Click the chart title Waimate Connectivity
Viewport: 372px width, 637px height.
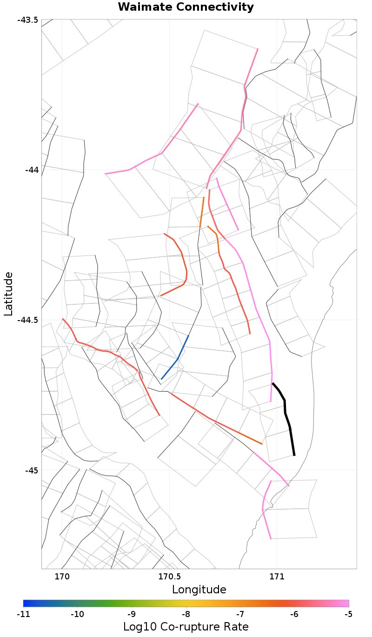[186, 7]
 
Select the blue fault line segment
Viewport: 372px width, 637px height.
[177, 359]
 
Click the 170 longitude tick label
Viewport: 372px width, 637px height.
[62, 577]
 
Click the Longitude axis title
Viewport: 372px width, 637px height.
[199, 590]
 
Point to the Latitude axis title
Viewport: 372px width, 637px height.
[8, 294]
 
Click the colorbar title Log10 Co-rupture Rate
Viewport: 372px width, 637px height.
[186, 626]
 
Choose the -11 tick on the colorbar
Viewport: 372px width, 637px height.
[23, 614]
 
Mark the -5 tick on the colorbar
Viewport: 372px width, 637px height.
[348, 614]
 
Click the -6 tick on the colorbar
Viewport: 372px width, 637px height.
[294, 614]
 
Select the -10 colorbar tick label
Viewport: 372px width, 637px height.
[77, 614]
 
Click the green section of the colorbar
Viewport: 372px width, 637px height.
[116, 603]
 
